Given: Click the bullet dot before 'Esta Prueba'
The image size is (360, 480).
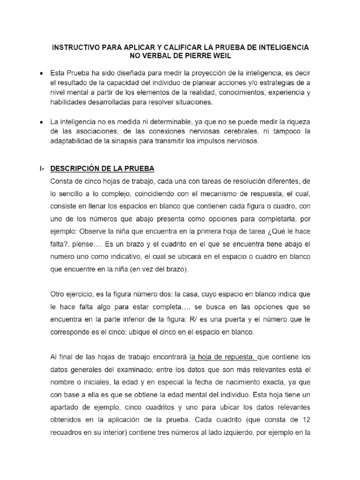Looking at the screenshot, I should tap(42, 74).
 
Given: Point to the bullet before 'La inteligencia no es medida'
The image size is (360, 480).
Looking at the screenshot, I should tap(42, 121).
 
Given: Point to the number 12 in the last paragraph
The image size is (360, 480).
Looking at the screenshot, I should tap(305, 418).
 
